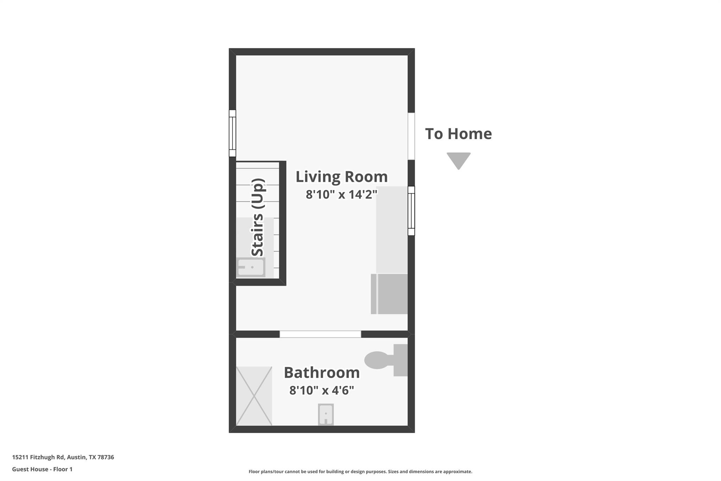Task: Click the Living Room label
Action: click(x=341, y=177)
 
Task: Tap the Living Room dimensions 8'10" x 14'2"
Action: click(x=341, y=194)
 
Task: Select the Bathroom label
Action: click(x=322, y=372)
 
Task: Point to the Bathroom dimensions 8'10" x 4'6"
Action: click(x=322, y=390)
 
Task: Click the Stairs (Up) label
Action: click(x=258, y=217)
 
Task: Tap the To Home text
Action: click(x=458, y=134)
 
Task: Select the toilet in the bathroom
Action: click(x=386, y=360)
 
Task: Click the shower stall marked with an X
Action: click(x=254, y=396)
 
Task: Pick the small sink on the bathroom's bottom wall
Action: click(x=326, y=414)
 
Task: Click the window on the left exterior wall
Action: click(x=232, y=133)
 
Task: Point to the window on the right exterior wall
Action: click(x=411, y=211)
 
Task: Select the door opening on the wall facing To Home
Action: click(x=411, y=136)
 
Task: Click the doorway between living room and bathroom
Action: click(x=320, y=334)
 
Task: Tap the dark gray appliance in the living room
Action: click(x=389, y=294)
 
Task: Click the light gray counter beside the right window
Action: click(x=392, y=230)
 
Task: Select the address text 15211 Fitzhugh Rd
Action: click(x=38, y=457)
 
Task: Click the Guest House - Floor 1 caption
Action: click(x=42, y=469)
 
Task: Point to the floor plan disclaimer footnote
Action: click(x=360, y=471)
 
